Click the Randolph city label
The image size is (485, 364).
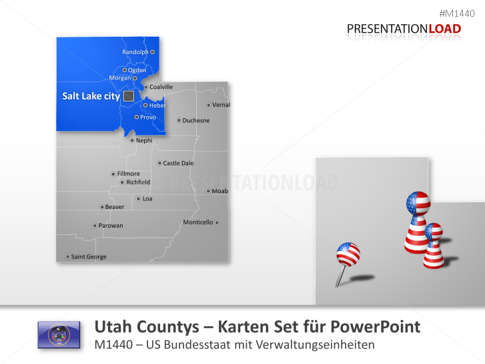[135, 51]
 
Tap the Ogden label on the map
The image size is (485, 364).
[137, 70]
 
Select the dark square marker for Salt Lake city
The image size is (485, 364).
[129, 96]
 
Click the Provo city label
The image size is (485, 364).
[148, 118]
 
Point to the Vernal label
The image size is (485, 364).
[221, 105]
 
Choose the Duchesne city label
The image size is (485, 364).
[195, 121]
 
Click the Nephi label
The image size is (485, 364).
[144, 140]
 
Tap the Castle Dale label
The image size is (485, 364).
[178, 163]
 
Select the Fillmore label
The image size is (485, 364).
[128, 174]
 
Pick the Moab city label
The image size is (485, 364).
[220, 191]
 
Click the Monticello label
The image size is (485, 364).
[198, 222]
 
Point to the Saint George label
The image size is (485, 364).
[89, 256]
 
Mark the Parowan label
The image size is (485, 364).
[110, 226]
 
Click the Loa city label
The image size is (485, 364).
[147, 198]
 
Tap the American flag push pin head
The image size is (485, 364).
[348, 254]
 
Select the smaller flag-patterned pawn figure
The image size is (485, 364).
[434, 245]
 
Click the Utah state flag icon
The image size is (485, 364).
[59, 335]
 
